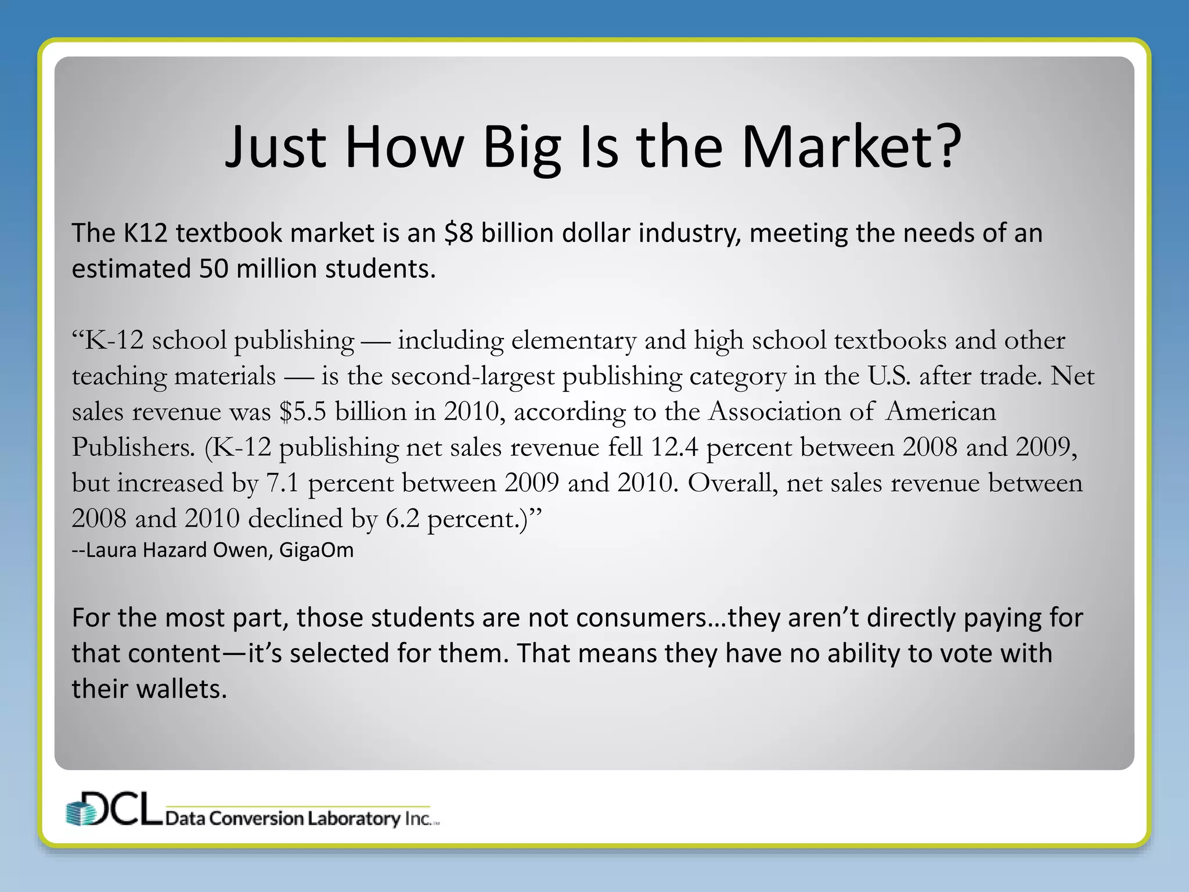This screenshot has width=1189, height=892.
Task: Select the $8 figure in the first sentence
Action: (x=459, y=233)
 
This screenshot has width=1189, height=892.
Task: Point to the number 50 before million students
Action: (x=213, y=269)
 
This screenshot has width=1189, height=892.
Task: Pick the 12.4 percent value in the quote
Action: (x=674, y=447)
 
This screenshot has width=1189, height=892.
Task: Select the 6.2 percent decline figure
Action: (x=402, y=519)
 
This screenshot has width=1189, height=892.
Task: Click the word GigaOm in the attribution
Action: (x=316, y=550)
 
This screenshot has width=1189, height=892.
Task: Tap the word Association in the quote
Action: (x=774, y=412)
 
